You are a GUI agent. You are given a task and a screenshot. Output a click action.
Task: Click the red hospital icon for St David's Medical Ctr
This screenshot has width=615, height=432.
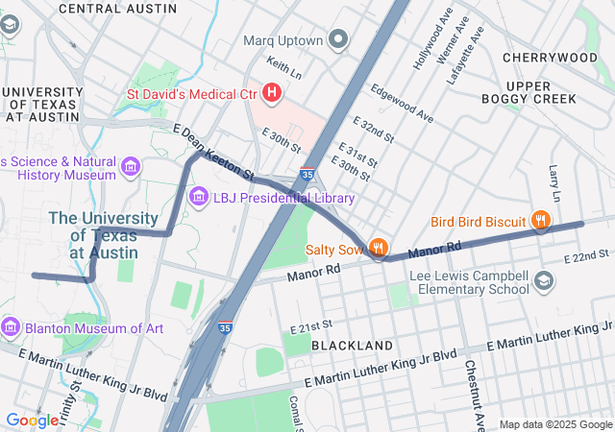(x=272, y=93)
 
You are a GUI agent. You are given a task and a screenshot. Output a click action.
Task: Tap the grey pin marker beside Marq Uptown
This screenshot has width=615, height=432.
(x=337, y=40)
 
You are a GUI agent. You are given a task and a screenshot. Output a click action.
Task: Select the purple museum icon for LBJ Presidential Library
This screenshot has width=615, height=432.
(x=199, y=198)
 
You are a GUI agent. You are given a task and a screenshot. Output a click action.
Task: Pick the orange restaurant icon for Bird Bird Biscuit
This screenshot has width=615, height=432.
(x=542, y=222)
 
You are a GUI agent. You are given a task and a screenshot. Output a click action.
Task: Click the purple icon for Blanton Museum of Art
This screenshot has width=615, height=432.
(x=11, y=327)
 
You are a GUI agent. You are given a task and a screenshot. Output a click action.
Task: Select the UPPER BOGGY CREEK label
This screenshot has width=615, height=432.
(x=542, y=91)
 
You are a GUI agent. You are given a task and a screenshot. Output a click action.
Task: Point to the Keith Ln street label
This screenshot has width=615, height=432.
(x=284, y=68)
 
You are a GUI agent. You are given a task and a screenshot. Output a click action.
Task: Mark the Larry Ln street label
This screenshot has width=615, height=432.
(x=553, y=176)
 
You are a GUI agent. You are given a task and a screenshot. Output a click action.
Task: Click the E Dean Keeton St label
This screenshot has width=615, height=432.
(x=212, y=154)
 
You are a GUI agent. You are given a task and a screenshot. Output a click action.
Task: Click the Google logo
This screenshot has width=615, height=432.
(x=32, y=420)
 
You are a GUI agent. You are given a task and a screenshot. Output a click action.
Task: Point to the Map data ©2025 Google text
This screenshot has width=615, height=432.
(x=555, y=424)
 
